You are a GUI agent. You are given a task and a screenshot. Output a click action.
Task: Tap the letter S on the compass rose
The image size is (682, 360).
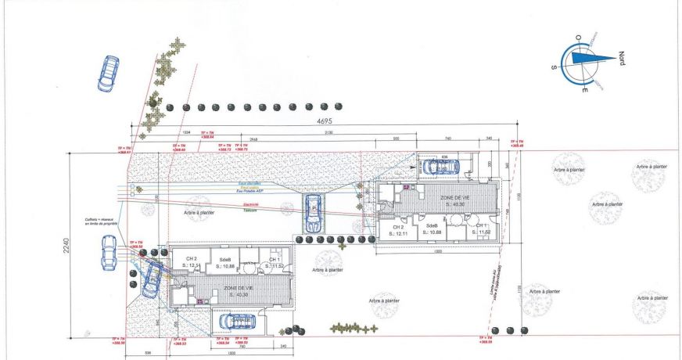coord(554,68)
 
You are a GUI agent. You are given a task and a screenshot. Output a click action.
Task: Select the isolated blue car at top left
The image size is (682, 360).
coord(108,73)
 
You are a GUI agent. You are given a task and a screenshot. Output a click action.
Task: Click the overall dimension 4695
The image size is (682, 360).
coord(324,121)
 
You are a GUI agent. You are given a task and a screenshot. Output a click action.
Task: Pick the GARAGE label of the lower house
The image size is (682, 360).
coord(240,319)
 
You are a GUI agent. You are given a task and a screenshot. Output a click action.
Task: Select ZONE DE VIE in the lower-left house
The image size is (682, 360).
coord(238,291)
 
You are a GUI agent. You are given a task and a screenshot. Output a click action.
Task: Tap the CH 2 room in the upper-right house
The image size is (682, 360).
coord(400,230)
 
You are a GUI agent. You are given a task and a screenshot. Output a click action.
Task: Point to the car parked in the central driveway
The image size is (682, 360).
coord(313,211)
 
